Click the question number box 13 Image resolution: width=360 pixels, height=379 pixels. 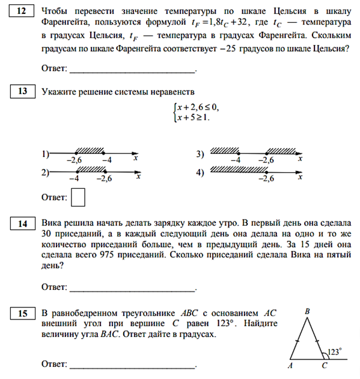pos(22,91)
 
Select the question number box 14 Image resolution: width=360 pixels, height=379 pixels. pos(22,224)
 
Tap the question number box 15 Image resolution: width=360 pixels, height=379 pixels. pos(22,313)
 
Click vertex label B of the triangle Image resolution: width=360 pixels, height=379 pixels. pos(307,311)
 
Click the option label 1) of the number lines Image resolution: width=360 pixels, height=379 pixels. pos(45,154)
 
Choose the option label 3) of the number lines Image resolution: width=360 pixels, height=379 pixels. pos(201,155)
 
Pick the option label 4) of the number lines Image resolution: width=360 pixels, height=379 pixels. pos(201,173)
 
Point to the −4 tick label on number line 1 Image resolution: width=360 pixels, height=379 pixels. pos(106,160)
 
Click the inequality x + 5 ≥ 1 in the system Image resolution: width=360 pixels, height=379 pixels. pos(192,117)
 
